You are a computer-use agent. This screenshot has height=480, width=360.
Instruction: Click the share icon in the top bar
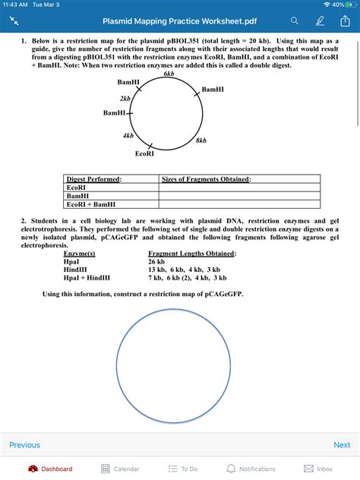click(344, 21)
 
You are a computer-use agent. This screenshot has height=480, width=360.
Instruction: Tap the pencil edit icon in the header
click(320, 21)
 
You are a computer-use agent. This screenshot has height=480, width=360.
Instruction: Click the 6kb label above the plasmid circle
click(169, 74)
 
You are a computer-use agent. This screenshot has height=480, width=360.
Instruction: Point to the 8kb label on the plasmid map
click(201, 141)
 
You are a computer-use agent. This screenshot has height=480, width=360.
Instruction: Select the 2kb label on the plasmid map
click(125, 98)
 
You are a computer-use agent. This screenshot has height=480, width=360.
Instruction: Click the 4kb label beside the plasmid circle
click(128, 135)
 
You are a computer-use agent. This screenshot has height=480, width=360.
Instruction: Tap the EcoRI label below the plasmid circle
click(145, 154)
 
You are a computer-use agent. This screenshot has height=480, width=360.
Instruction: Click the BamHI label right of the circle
click(213, 89)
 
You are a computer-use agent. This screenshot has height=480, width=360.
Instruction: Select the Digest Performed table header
click(94, 178)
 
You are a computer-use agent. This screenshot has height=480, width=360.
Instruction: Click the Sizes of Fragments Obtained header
click(207, 178)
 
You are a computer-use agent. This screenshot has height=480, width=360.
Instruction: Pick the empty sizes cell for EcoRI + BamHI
click(239, 204)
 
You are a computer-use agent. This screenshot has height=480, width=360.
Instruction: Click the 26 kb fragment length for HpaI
click(157, 261)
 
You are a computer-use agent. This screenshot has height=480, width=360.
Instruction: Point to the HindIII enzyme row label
click(77, 269)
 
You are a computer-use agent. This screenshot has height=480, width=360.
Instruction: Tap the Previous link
click(24, 445)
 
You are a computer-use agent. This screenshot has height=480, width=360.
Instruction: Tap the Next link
click(342, 445)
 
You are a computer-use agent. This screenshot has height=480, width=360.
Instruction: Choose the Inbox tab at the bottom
click(318, 469)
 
